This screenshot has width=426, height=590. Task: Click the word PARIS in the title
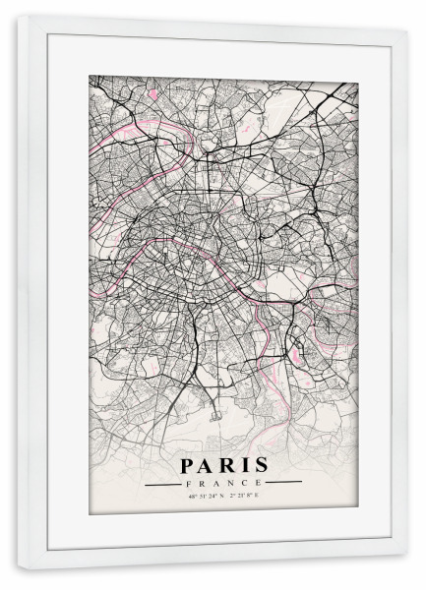pos(222,464)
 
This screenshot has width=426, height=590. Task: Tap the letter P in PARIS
pos(187,464)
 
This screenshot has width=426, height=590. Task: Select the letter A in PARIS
pos(206,464)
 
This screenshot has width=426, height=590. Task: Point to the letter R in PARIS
pos(226,464)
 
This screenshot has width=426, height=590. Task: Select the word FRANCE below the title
pos(222,484)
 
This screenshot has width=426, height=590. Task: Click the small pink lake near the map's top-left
pos(153,94)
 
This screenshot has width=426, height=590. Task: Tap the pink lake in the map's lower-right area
pos(320,339)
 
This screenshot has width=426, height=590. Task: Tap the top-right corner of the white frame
pos(406,29)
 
